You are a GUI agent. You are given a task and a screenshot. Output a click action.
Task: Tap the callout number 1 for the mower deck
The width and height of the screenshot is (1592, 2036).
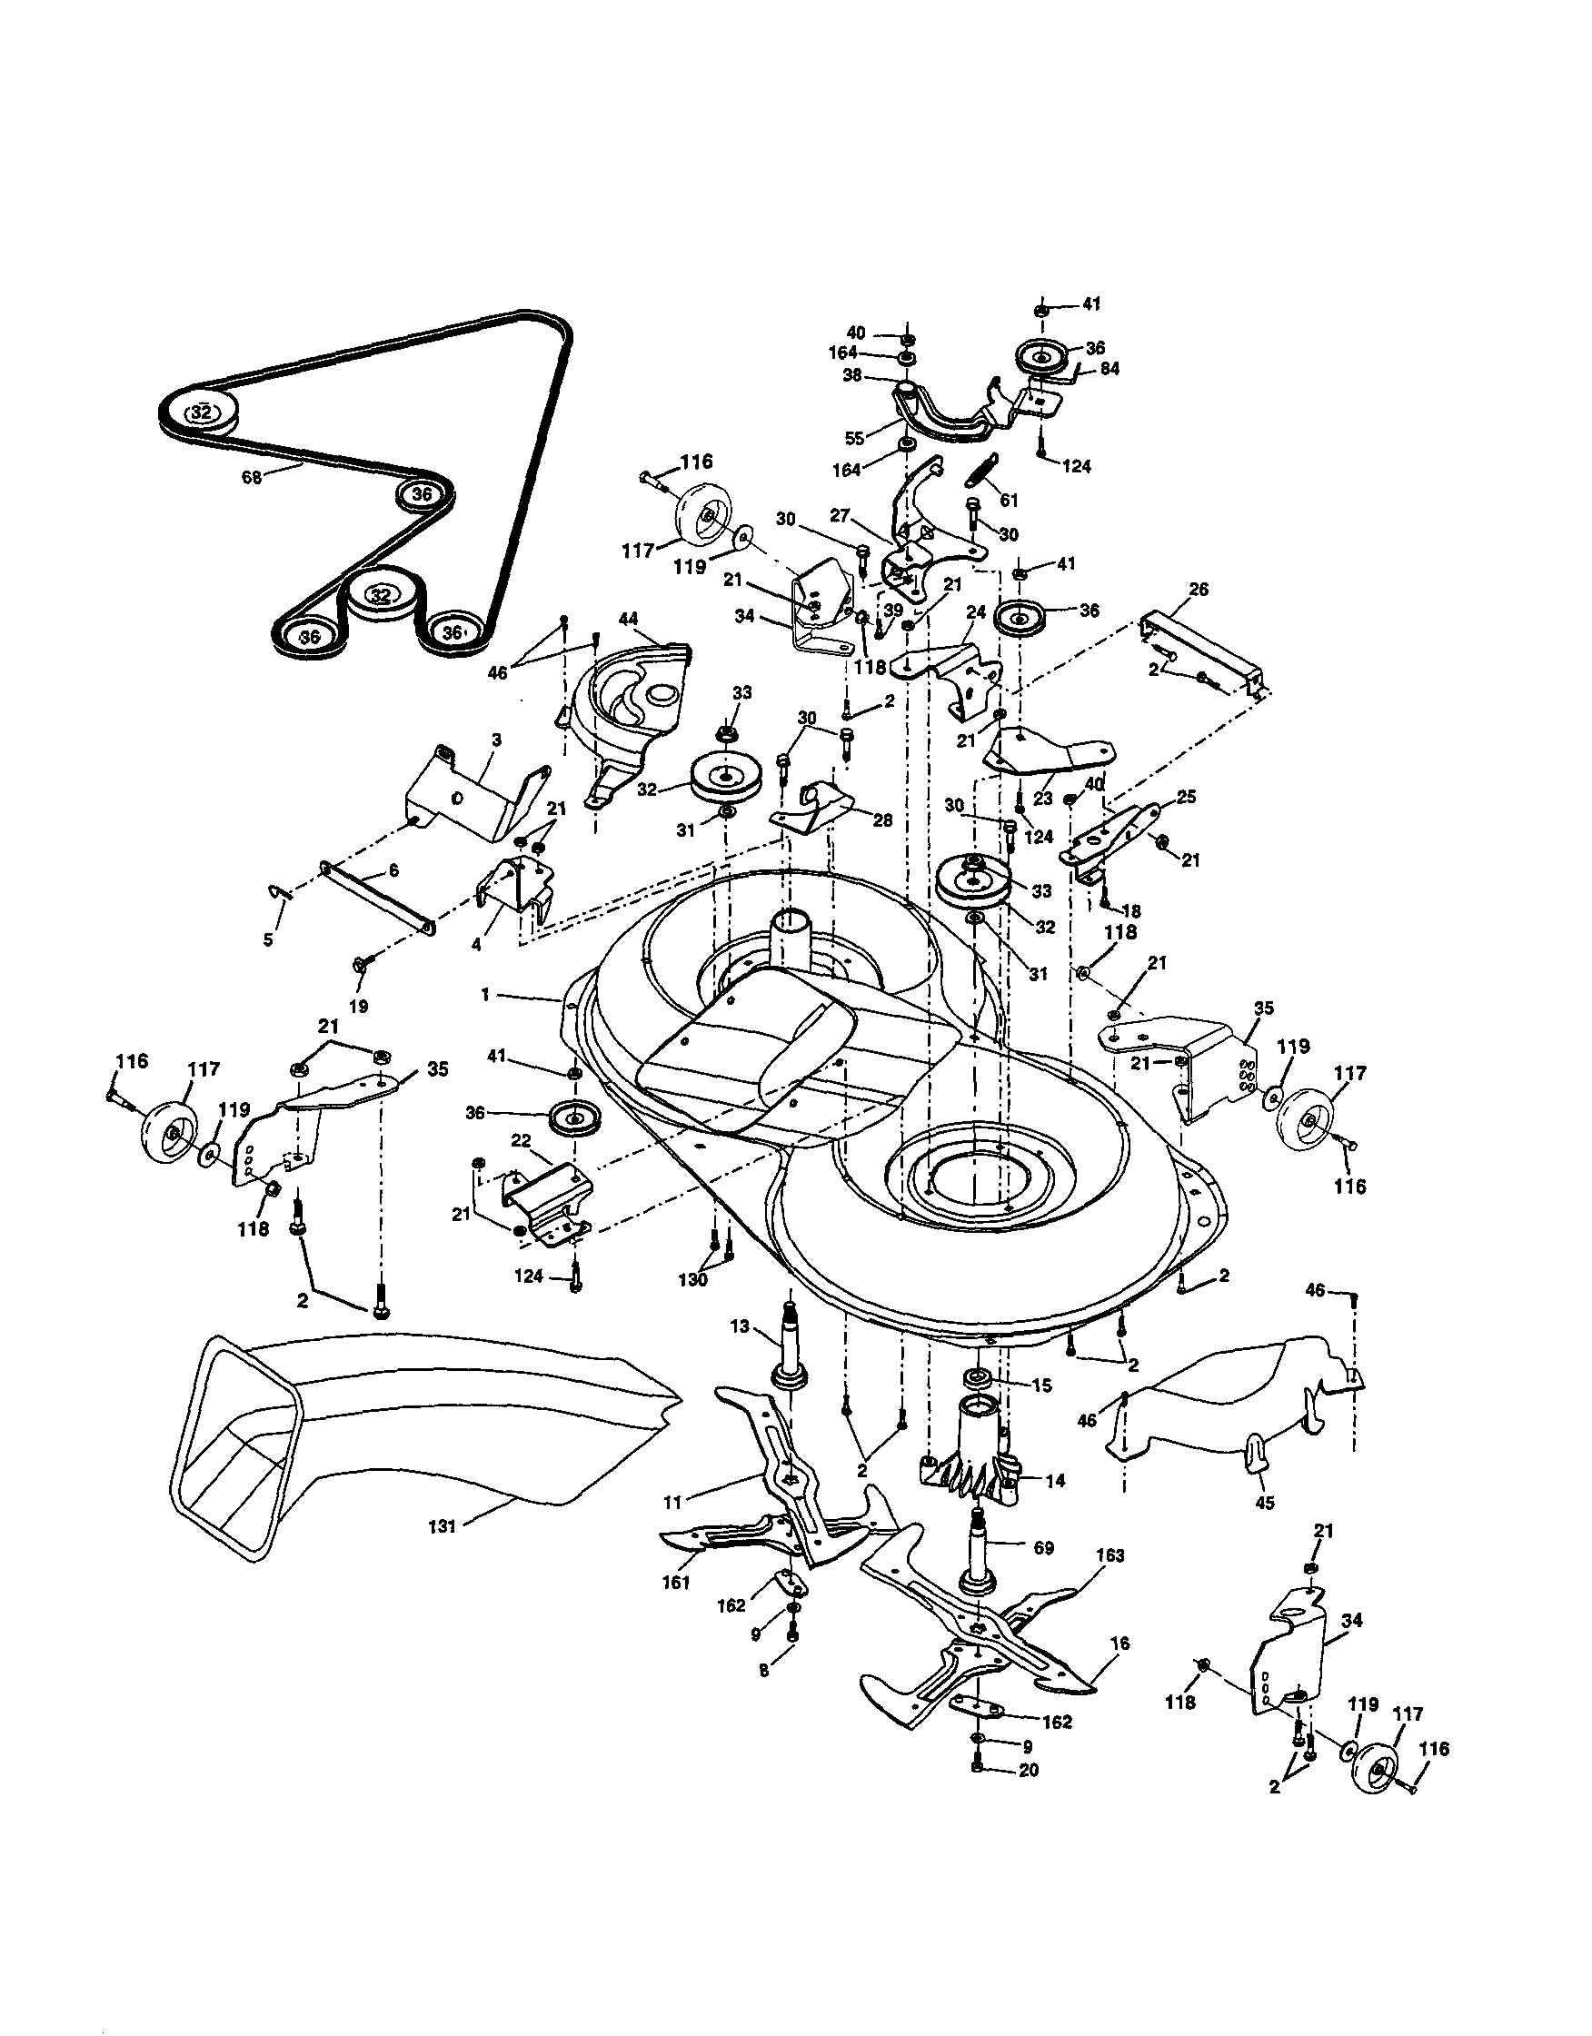click(x=485, y=996)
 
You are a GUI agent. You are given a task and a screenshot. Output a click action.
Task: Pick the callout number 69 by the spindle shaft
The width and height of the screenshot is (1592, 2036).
click(x=1043, y=1547)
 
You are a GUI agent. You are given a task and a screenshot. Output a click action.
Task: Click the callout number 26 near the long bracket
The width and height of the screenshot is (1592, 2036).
click(x=1199, y=589)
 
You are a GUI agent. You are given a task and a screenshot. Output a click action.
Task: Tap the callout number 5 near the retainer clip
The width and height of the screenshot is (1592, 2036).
click(x=269, y=939)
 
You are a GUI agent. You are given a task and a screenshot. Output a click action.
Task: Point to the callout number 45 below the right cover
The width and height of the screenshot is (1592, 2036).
click(x=1265, y=1503)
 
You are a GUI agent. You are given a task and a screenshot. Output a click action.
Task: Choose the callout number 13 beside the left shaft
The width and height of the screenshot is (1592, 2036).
click(x=740, y=1326)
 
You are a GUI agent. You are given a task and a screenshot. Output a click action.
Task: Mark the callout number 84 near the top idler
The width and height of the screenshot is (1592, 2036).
click(x=1109, y=368)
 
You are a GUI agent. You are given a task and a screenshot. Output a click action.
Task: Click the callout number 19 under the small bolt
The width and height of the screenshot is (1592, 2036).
click(x=358, y=1007)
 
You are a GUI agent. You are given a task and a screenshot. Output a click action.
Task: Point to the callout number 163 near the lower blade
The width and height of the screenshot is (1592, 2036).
click(x=1110, y=1555)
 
